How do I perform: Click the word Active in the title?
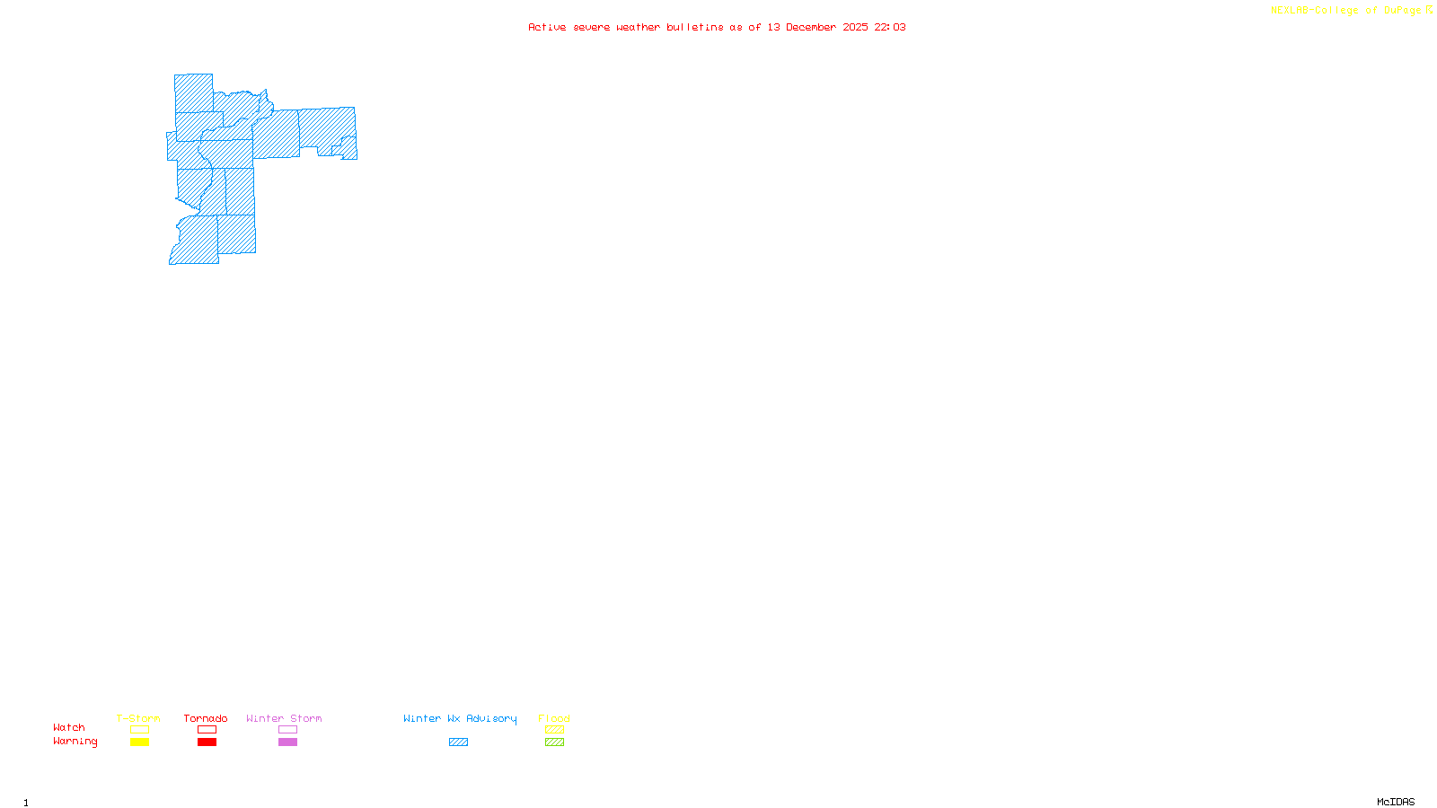click(547, 28)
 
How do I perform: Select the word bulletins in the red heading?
click(695, 28)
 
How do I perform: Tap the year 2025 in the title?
click(855, 28)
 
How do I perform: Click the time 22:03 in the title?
click(890, 28)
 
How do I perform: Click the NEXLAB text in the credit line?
click(1290, 11)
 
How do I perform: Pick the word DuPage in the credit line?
click(1402, 11)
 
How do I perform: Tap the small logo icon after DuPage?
click(1429, 10)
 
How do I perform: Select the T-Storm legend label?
click(138, 718)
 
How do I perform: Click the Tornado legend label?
click(206, 718)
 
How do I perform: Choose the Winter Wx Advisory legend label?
click(460, 718)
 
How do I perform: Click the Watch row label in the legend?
click(69, 728)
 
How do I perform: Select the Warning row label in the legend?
click(75, 742)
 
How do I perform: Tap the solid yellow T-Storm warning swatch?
click(139, 742)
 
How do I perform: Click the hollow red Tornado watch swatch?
click(207, 730)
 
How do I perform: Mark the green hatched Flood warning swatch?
click(554, 742)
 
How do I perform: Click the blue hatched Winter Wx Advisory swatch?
click(458, 742)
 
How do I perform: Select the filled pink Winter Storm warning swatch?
click(287, 742)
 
